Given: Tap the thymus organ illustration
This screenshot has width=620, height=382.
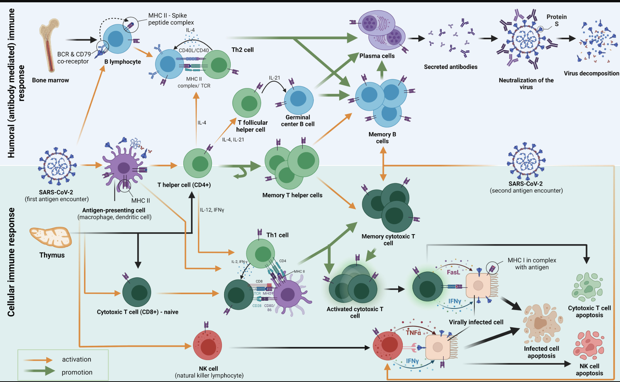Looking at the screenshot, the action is pyautogui.click(x=51, y=237).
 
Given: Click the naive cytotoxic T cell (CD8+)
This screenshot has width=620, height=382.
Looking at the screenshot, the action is pyautogui.click(x=137, y=292).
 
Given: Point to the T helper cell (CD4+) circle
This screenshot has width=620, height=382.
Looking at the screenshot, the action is pyautogui.click(x=198, y=163).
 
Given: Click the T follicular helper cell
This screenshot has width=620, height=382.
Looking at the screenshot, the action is pyautogui.click(x=247, y=103).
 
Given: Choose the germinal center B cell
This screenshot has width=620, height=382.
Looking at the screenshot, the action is pyautogui.click(x=299, y=100).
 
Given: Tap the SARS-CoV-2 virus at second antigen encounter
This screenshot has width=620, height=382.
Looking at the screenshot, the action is pyautogui.click(x=526, y=161).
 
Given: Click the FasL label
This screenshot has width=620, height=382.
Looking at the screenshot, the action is pyautogui.click(x=453, y=272).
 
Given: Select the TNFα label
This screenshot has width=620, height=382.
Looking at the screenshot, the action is pyautogui.click(x=414, y=332).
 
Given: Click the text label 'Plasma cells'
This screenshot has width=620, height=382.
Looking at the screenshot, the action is pyautogui.click(x=377, y=56).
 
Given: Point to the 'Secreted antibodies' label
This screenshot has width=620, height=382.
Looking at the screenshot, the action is pyautogui.click(x=451, y=67).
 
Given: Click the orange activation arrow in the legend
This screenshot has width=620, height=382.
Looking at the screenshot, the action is pyautogui.click(x=38, y=360).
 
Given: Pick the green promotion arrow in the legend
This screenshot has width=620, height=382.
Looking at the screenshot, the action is pyautogui.click(x=39, y=371).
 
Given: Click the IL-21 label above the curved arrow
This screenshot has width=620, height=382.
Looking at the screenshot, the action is pyautogui.click(x=275, y=78).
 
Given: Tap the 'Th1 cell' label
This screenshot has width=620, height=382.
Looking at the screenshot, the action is pyautogui.click(x=277, y=235).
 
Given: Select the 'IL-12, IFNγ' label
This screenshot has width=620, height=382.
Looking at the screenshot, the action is pyautogui.click(x=212, y=210).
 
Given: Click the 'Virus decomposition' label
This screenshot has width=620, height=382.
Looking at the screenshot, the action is pyautogui.click(x=592, y=73).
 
